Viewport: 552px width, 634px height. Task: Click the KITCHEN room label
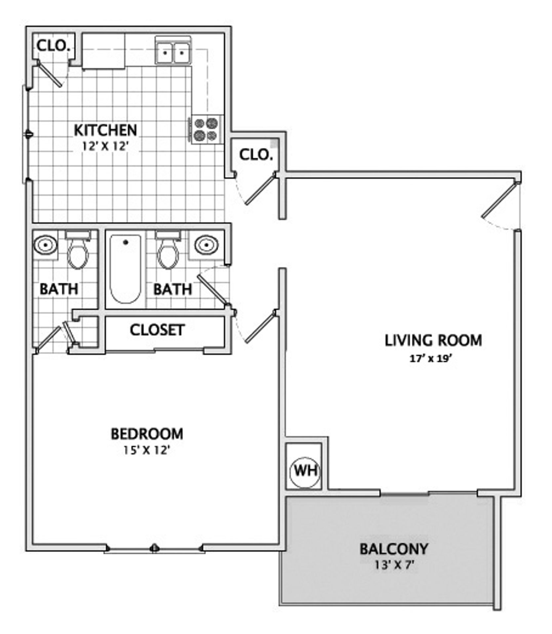105,130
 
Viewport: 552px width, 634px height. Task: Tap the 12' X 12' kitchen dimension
105,146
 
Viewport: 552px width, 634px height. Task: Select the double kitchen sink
173,53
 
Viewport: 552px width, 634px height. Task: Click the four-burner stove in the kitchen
206,129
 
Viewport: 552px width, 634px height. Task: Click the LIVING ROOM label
433,340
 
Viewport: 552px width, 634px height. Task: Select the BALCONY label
394,548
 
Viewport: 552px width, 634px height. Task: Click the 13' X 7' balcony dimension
394,565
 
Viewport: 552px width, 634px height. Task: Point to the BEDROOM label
147,434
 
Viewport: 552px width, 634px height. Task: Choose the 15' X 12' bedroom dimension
147,450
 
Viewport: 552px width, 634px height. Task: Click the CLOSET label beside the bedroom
157,330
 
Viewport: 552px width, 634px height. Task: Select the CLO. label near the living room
256,155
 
